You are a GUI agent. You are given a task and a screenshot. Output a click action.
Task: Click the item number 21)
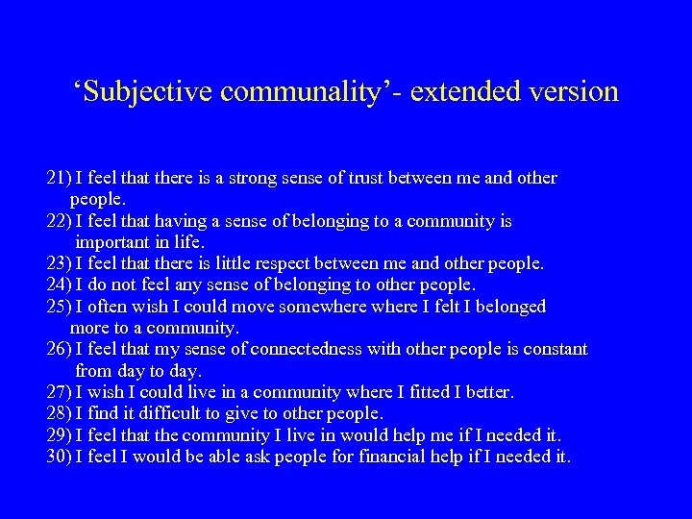[x=58, y=179]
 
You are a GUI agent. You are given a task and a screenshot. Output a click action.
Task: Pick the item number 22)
[x=58, y=222]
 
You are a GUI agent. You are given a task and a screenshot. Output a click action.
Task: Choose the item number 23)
[x=58, y=263]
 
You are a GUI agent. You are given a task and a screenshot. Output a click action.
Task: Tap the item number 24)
[x=58, y=285]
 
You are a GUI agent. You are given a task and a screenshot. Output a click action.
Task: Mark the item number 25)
[x=58, y=307]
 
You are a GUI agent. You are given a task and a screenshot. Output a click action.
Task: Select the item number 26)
[x=58, y=350]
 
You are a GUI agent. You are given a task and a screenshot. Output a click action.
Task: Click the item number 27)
[x=58, y=392]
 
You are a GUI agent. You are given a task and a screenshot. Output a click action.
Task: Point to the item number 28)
[x=58, y=414]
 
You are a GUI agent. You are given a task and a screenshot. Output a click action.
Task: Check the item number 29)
[x=58, y=435]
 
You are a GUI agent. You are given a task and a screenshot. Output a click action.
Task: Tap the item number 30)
[x=58, y=457]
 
